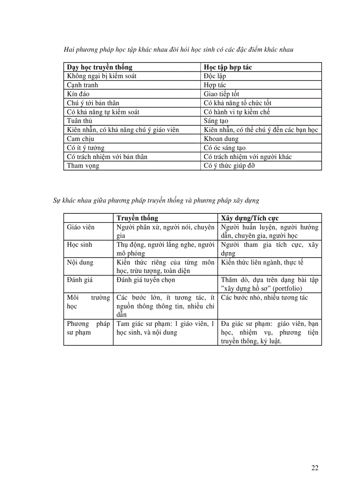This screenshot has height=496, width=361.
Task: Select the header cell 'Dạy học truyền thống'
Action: (100, 67)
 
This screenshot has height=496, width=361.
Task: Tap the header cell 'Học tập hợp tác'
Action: (228, 67)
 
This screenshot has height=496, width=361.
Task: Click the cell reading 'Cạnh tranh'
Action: (82, 85)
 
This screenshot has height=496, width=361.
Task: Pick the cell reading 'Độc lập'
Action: (215, 76)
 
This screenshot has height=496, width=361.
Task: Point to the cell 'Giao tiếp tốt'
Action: (221, 94)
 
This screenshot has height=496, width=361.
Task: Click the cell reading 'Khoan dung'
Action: (221, 139)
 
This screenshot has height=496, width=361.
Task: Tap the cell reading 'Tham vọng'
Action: (83, 166)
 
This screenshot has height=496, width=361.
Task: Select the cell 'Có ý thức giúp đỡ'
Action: (229, 166)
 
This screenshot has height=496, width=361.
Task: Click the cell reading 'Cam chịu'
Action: (79, 139)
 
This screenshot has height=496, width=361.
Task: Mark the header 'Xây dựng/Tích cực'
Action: (250, 218)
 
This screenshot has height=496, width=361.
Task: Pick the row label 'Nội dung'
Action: (80, 262)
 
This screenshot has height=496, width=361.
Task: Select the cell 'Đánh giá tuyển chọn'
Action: (146, 280)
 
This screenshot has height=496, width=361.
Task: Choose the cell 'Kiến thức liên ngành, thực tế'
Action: (262, 262)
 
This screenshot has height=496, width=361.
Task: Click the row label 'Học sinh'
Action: (80, 245)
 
